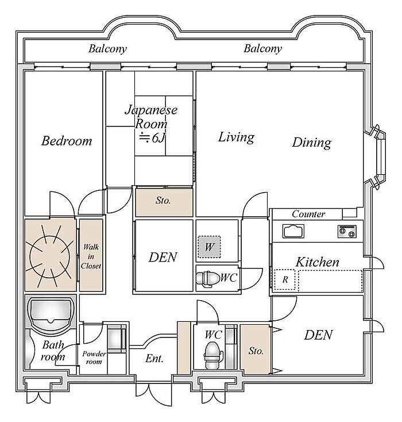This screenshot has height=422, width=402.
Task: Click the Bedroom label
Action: [x=66, y=141]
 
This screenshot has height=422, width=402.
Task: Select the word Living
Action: [x=236, y=137]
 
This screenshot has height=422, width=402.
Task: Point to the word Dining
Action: [x=311, y=142]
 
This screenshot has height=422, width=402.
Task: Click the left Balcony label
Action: [x=107, y=49]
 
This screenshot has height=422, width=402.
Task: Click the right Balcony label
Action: [x=262, y=49]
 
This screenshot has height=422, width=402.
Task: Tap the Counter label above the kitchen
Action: [x=308, y=214]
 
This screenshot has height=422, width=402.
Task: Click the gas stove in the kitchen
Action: [x=346, y=231]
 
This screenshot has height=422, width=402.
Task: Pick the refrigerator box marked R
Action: [x=284, y=280]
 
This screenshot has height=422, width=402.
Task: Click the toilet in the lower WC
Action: [x=212, y=352]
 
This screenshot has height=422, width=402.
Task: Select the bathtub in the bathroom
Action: [x=51, y=314]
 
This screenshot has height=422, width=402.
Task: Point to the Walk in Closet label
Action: [x=91, y=256]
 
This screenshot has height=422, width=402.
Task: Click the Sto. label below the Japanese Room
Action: [x=164, y=202]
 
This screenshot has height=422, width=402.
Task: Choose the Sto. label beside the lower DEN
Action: [x=256, y=351]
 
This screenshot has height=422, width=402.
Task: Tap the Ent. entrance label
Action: [x=154, y=359]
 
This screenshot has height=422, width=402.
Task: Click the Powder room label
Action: [x=94, y=357]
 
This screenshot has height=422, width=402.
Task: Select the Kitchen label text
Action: [x=317, y=262]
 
